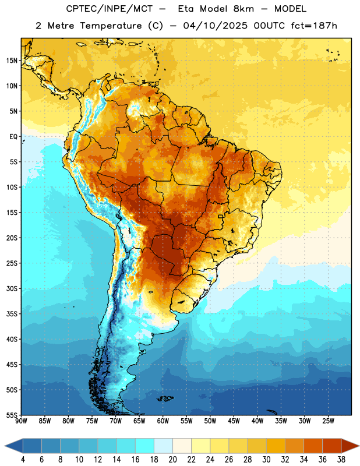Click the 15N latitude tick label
[12, 61]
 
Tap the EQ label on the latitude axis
[13, 137]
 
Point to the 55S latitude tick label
[12, 415]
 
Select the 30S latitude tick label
[12, 288]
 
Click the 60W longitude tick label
[163, 421]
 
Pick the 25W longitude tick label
[328, 421]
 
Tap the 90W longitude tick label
[22, 421]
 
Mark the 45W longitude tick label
[234, 421]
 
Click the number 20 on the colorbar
[172, 460]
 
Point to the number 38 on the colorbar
[341, 460]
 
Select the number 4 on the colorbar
[23, 460]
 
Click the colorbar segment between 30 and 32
[276, 446]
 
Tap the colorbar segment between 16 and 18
[144, 446]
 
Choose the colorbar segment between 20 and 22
[182, 446]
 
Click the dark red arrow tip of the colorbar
[350, 446]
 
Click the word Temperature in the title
[111, 26]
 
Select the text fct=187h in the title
[314, 26]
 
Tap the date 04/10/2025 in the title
[215, 26]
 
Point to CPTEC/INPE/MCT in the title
[109, 9]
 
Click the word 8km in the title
[243, 9]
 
